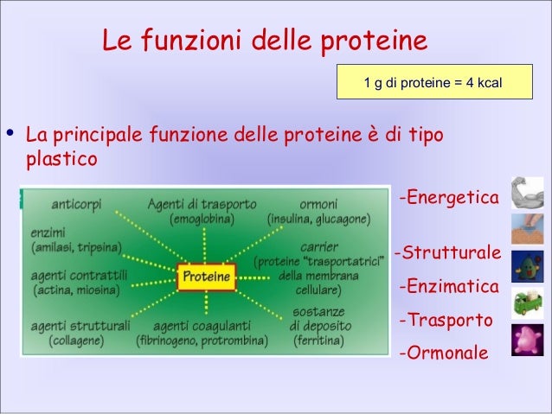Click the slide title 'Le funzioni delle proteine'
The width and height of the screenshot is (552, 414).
[265, 41]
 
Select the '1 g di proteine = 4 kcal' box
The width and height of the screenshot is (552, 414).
[433, 84]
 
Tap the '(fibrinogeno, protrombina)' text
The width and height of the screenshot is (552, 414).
[202, 341]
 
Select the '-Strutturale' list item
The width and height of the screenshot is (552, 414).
[446, 254]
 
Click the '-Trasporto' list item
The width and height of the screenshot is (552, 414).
[446, 321]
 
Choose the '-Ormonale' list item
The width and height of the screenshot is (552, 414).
[443, 353]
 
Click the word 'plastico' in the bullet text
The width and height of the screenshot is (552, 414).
[61, 161]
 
